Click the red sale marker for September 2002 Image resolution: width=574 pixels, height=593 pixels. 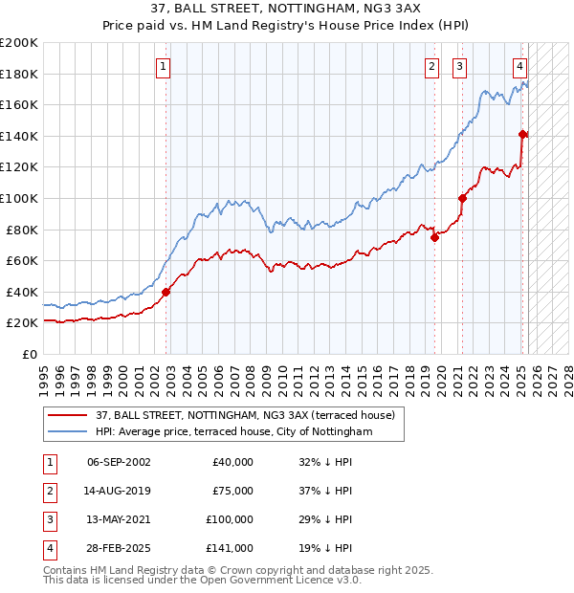point(166,293)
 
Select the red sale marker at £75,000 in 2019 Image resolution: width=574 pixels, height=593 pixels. point(434,238)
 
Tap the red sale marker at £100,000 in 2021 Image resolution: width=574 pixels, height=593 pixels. point(462,198)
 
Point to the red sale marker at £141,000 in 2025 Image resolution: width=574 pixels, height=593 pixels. point(522,134)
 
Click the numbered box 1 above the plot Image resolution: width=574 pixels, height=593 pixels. point(165,67)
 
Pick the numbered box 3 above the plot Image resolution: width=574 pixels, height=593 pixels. point(460,67)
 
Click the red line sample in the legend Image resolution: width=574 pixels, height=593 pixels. point(68,414)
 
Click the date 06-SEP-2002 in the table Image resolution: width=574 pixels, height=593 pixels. point(119,462)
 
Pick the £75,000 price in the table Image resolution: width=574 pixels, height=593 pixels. point(232,491)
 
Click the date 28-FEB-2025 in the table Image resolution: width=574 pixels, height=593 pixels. point(119,548)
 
